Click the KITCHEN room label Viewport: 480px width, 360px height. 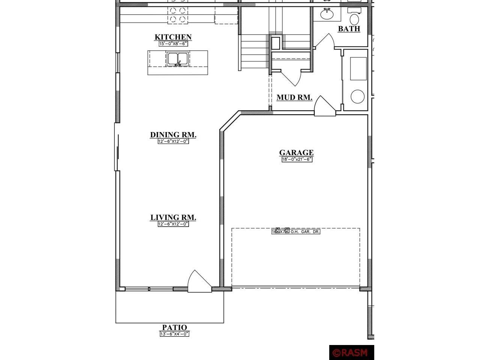point(173,37)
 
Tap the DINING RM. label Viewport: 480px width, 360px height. point(173,135)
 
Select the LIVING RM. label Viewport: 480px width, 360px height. point(173,217)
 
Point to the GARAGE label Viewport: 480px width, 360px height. point(296,153)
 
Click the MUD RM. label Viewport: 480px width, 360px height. point(294,97)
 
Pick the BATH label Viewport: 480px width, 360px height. point(349,29)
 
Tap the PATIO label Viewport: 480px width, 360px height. point(174,327)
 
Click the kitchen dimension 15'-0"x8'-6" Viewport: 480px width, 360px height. point(173,43)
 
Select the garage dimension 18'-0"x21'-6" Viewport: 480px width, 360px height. point(297,159)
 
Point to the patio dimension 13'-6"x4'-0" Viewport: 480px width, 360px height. point(174,334)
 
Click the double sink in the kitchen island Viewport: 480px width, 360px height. point(177,59)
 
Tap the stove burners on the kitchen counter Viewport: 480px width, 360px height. point(177,15)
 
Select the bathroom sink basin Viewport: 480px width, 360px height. point(327,14)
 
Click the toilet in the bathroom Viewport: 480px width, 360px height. point(354,17)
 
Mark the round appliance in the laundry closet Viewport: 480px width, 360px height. point(357,96)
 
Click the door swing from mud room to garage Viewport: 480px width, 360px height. point(324,106)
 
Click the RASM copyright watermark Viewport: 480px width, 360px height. point(352,352)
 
